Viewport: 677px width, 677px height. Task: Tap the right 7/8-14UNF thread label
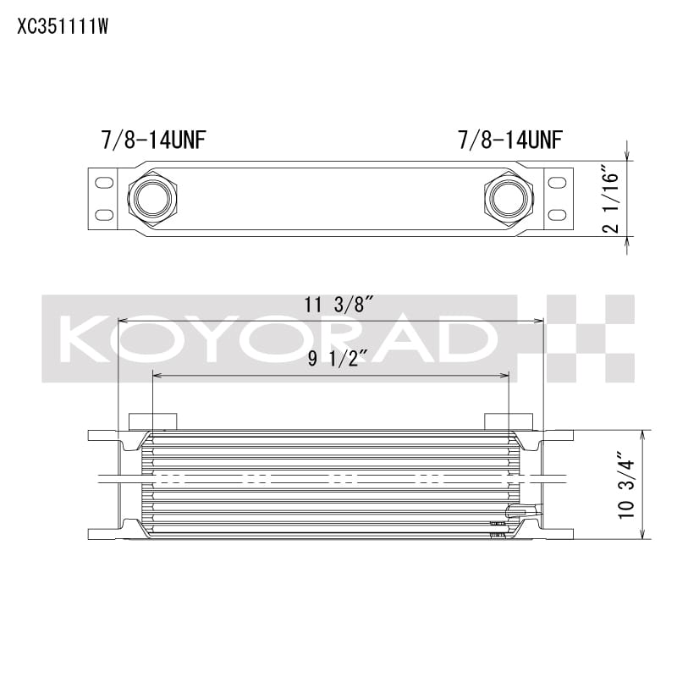(511, 140)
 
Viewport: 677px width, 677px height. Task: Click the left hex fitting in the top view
(153, 198)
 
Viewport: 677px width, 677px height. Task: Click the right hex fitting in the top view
(509, 198)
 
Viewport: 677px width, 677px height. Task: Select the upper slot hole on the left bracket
(104, 182)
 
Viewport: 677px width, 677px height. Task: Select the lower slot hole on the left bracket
(104, 215)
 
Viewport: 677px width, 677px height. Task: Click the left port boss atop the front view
(153, 421)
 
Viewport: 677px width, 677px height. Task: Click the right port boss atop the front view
(508, 421)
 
